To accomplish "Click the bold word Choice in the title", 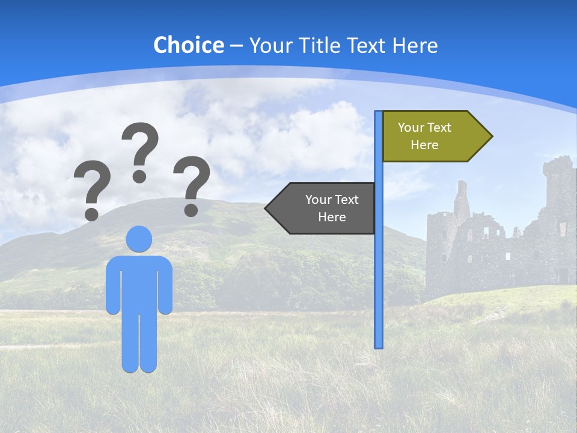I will pyautogui.click(x=188, y=45).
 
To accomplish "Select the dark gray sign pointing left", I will pyautogui.click(x=325, y=208).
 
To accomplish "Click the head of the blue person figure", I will pyautogui.click(x=139, y=239).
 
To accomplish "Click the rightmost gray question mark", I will pyautogui.click(x=192, y=183).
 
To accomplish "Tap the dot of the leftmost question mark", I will pyautogui.click(x=91, y=213).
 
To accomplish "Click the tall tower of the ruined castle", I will pyautogui.click(x=559, y=192).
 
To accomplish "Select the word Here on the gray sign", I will pyautogui.click(x=332, y=217).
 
